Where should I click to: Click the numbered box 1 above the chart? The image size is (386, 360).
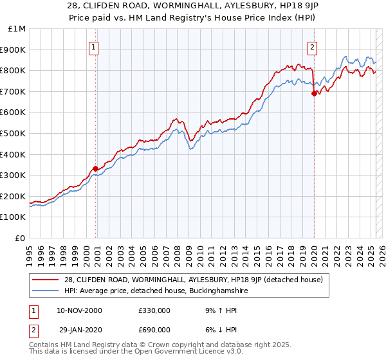tap(94, 47)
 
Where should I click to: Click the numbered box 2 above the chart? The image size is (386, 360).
tap(312, 47)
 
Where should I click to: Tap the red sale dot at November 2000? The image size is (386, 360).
tap(95, 168)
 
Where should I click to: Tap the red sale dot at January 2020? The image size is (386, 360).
tap(314, 93)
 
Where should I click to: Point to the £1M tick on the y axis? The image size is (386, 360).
tap(17, 28)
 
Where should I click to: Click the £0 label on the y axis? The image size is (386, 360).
tap(21, 238)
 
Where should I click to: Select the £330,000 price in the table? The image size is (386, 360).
tap(154, 311)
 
